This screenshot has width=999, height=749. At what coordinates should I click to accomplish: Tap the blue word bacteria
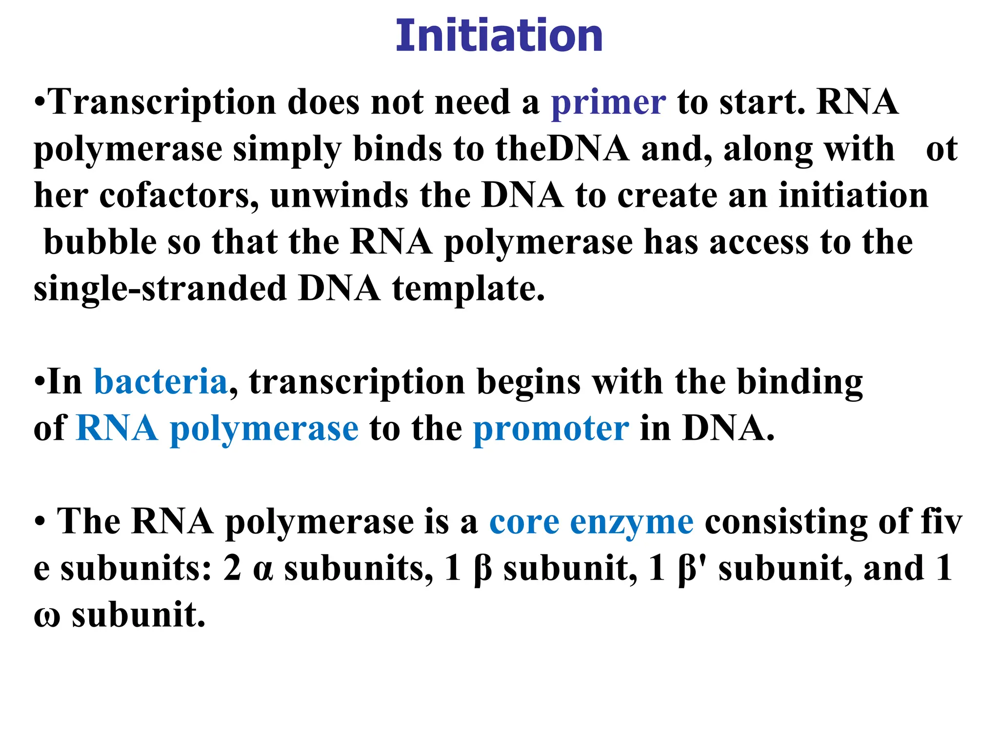160,382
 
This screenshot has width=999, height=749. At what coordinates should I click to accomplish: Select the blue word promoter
551,429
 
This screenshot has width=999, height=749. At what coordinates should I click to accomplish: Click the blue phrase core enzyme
591,522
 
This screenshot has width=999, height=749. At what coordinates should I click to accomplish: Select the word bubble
100,242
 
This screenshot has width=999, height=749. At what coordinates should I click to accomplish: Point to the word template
468,289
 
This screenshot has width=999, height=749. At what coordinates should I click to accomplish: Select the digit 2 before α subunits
232,569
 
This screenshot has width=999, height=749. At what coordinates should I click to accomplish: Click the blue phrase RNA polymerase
217,429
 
